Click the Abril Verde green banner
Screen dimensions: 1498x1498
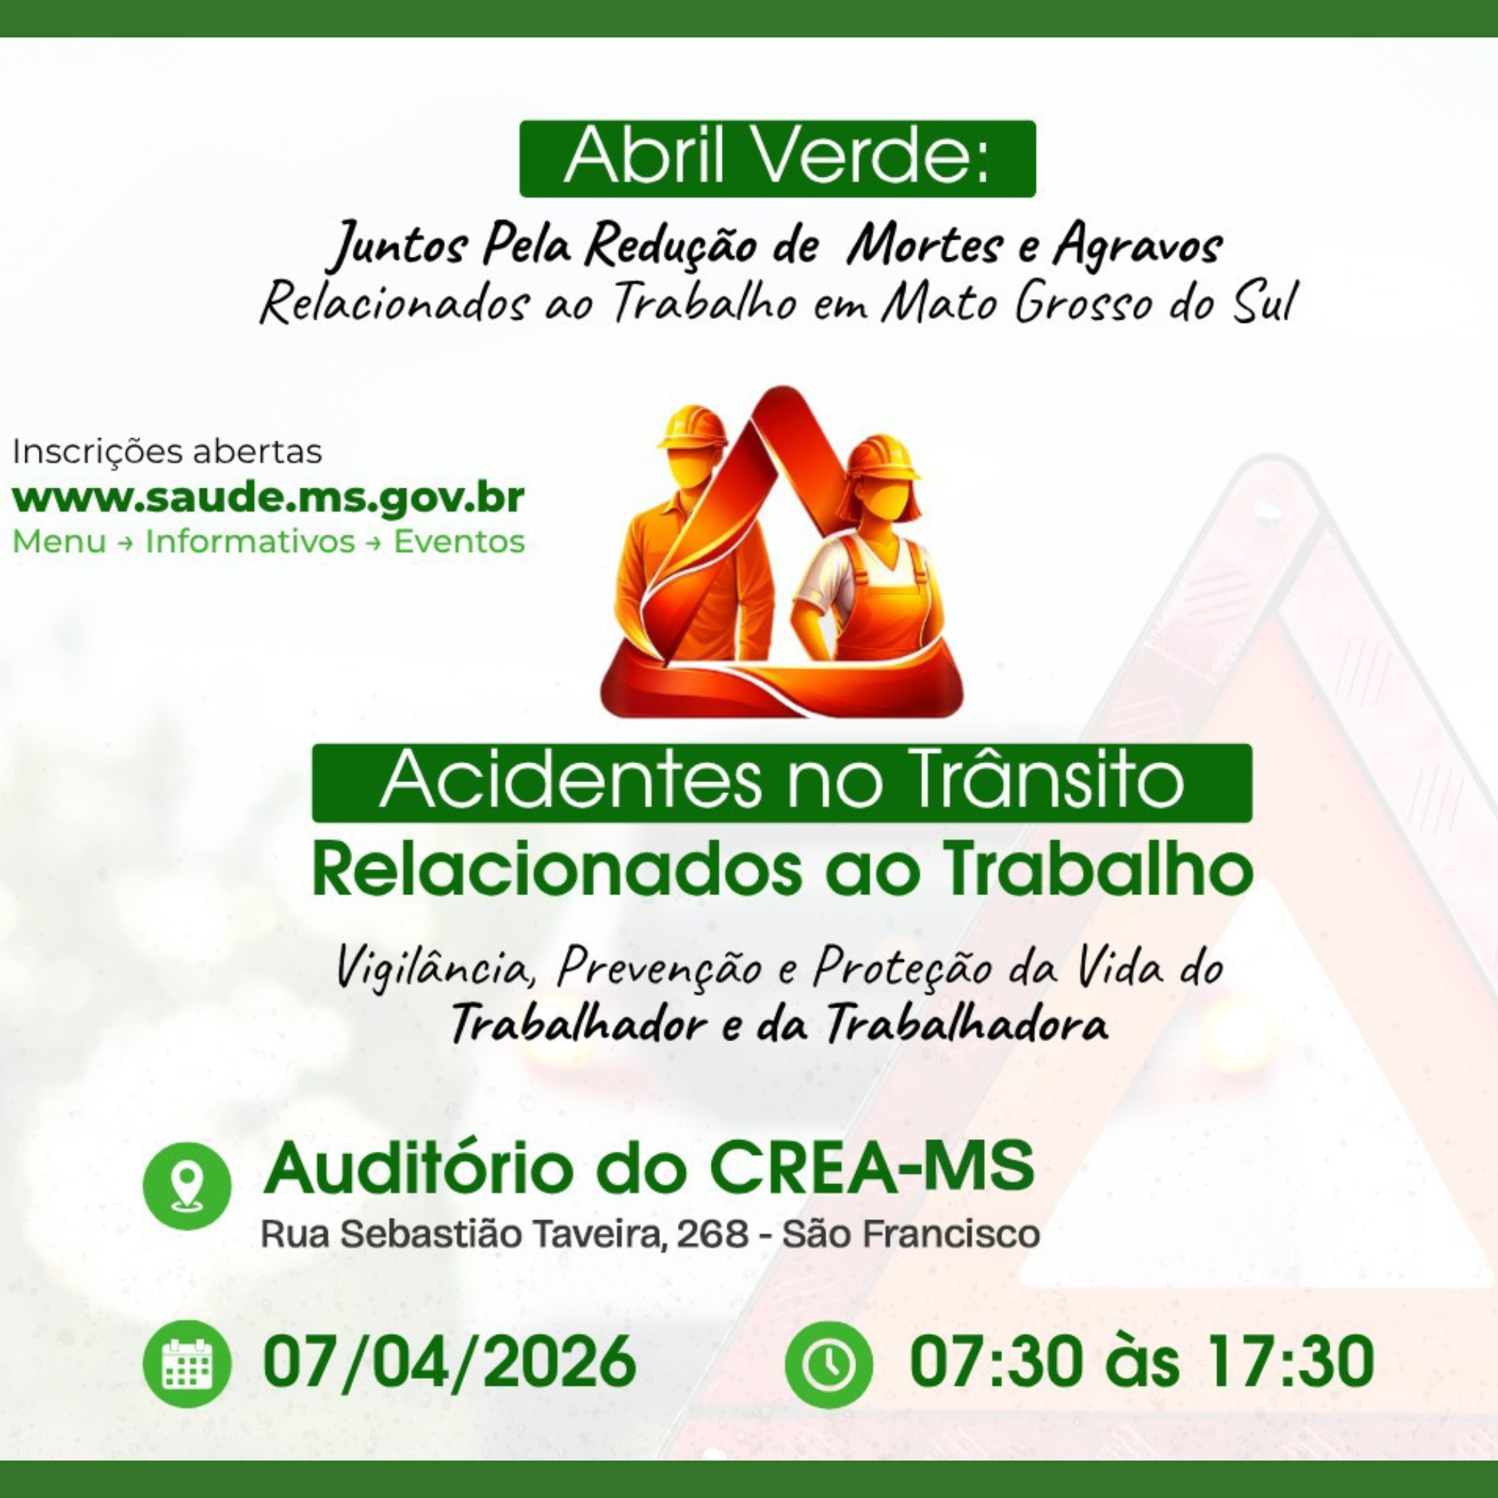pyautogui.click(x=777, y=158)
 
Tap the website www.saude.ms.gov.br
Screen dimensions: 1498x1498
pyautogui.click(x=268, y=497)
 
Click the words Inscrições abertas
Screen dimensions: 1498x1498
pyautogui.click(x=167, y=451)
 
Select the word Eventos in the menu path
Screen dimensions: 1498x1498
pyautogui.click(x=459, y=542)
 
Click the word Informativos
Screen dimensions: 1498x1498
pyautogui.click(x=249, y=542)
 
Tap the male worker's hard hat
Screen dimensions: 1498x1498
pyautogui.click(x=691, y=427)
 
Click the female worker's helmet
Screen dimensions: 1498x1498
pyautogui.click(x=882, y=456)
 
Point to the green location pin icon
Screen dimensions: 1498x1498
pyautogui.click(x=187, y=1186)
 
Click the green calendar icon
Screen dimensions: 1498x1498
pyautogui.click(x=187, y=1364)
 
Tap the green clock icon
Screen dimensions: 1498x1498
pyautogui.click(x=828, y=1364)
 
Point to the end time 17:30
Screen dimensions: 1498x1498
pyautogui.click(x=1288, y=1362)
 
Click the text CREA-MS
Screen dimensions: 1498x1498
pyautogui.click(x=873, y=1167)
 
